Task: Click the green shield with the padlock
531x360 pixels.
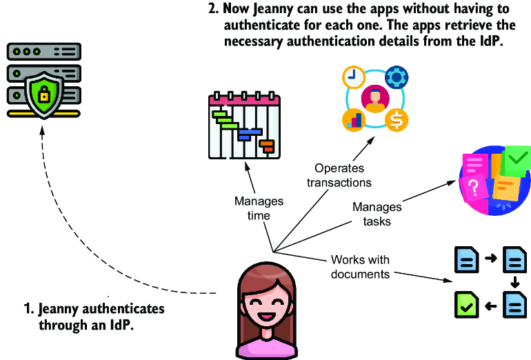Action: pyautogui.click(x=44, y=95)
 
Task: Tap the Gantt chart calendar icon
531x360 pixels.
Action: pyautogui.click(x=244, y=125)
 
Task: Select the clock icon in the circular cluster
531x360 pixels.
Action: pyautogui.click(x=354, y=77)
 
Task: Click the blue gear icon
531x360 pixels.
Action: pyautogui.click(x=397, y=77)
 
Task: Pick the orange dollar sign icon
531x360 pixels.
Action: pyautogui.click(x=397, y=120)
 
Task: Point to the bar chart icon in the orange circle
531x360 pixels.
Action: pyautogui.click(x=354, y=120)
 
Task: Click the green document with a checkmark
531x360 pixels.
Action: pyautogui.click(x=466, y=305)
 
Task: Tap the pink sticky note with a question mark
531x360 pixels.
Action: pyautogui.click(x=474, y=188)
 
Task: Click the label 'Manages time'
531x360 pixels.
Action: pyautogui.click(x=259, y=208)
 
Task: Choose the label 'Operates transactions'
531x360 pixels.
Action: pyautogui.click(x=339, y=175)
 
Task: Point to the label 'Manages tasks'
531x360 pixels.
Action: pyautogui.click(x=377, y=214)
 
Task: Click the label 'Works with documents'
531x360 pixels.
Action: pyautogui.click(x=360, y=267)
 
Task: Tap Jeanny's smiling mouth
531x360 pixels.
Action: pyautogui.click(x=266, y=317)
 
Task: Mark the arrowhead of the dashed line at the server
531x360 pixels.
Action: pyautogui.click(x=42, y=131)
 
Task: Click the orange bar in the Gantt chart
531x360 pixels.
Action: pyautogui.click(x=267, y=146)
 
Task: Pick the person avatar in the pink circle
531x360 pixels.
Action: pyautogui.click(x=375, y=99)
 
